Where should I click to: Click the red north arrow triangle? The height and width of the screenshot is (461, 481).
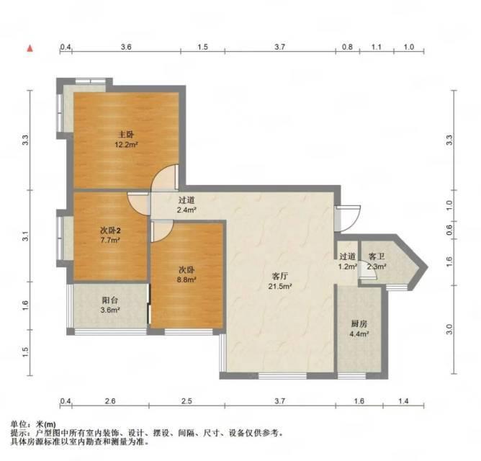(x=30, y=48)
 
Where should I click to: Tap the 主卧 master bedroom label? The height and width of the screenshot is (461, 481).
(x=126, y=135)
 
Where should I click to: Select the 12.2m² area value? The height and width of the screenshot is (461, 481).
(x=126, y=145)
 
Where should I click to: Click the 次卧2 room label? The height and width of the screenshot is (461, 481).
(x=110, y=230)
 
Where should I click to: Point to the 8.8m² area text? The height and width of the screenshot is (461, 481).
(x=187, y=279)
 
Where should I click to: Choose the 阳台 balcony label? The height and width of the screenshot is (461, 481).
(x=110, y=300)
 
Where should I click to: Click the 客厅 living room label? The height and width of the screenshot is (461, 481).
(x=280, y=276)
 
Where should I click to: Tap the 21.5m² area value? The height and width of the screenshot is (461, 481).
(x=280, y=287)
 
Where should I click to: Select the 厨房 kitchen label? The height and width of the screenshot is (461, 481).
(x=359, y=323)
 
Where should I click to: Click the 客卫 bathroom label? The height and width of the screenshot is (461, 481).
(x=377, y=256)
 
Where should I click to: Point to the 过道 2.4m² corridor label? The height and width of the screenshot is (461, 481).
(x=186, y=205)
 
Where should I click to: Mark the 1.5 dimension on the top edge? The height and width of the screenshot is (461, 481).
(x=203, y=47)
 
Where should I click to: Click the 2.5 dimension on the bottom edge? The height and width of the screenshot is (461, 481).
(x=186, y=400)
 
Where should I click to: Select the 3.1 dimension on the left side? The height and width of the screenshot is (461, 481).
(x=25, y=236)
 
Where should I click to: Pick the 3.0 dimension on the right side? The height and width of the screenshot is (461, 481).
(x=449, y=329)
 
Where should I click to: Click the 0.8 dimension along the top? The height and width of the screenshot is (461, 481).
(x=347, y=47)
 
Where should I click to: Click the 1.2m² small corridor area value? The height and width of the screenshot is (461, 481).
(x=348, y=267)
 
